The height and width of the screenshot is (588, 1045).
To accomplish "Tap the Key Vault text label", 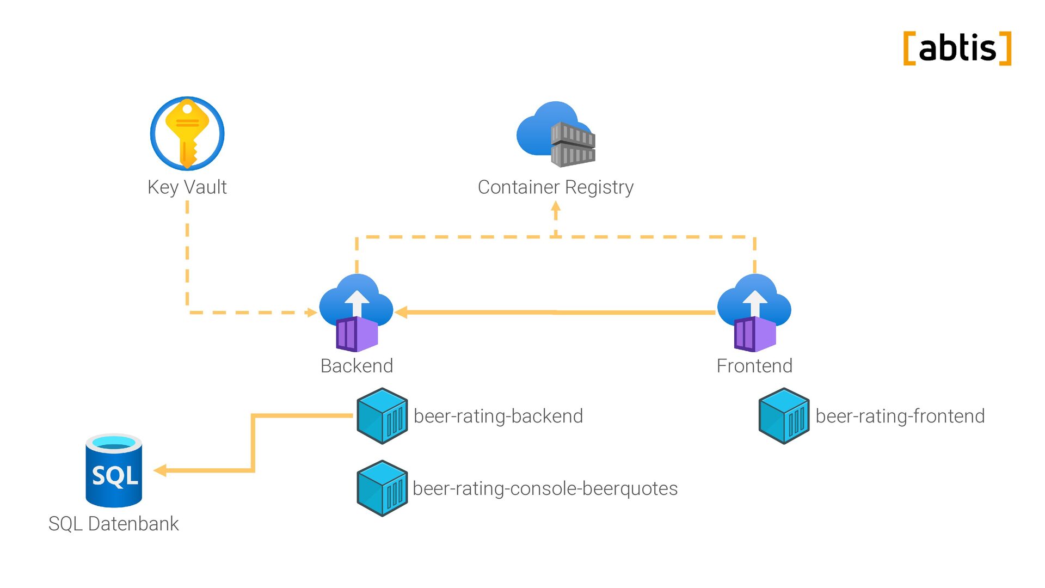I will tap(187, 187).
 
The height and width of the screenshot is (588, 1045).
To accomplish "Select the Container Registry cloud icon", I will tap(556, 134).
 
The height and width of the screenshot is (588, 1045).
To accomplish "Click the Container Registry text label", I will tap(556, 187).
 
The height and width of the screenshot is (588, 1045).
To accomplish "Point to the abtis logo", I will tap(957, 48).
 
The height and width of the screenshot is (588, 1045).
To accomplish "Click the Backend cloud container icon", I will tap(356, 313).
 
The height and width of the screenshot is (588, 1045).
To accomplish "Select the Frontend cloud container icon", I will tap(754, 313).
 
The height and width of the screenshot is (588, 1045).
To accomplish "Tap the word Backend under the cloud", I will tap(356, 366).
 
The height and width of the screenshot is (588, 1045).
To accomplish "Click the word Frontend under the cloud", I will tap(754, 366).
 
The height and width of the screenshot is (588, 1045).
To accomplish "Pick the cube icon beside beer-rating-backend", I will tap(382, 416).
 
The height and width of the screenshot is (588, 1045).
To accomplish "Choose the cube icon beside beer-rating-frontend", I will tap(784, 416).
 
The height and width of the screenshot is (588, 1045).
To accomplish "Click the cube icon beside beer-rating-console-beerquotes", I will tap(382, 488).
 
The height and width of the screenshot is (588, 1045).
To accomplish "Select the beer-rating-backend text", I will tap(498, 416).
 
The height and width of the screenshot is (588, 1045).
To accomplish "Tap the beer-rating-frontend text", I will tap(900, 416).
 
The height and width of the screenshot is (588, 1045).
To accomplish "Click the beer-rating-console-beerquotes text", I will tap(545, 488).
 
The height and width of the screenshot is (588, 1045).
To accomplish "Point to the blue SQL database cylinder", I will tap(114, 470).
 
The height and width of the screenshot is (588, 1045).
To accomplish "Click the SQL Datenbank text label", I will tap(113, 524).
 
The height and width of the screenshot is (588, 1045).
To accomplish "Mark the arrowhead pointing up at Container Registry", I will tap(556, 207).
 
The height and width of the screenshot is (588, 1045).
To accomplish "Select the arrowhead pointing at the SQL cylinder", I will tap(160, 470).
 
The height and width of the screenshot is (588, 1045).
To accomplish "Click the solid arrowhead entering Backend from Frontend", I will tap(402, 312).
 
